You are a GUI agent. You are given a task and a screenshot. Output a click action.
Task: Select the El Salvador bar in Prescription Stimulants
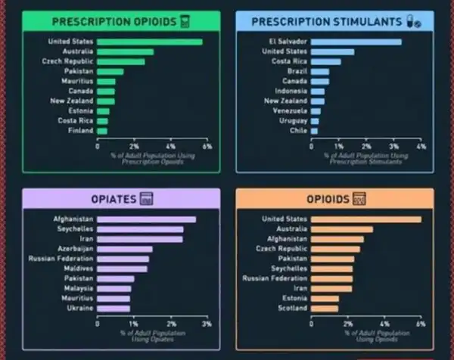click(x=356, y=42)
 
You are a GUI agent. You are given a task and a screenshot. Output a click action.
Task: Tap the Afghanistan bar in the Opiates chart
click(x=146, y=219)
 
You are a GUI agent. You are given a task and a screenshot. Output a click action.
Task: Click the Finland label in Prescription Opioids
click(x=81, y=131)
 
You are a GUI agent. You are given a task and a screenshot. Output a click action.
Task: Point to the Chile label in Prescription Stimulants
click(x=298, y=131)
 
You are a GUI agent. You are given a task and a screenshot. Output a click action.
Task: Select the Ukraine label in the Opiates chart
click(x=79, y=308)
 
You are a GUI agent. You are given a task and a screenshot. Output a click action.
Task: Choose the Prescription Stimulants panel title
click(x=325, y=21)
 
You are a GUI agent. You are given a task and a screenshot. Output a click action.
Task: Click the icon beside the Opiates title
click(x=147, y=199)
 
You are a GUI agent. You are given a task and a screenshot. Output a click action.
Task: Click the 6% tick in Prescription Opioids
click(x=207, y=146)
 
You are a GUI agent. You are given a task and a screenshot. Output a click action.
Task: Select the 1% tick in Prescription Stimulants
click(x=339, y=146)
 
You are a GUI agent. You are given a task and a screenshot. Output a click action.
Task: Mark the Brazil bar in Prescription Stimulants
click(x=320, y=71)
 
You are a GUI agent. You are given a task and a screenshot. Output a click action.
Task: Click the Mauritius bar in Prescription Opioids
click(x=107, y=81)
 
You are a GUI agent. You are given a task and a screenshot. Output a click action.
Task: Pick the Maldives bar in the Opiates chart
click(x=123, y=268)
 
